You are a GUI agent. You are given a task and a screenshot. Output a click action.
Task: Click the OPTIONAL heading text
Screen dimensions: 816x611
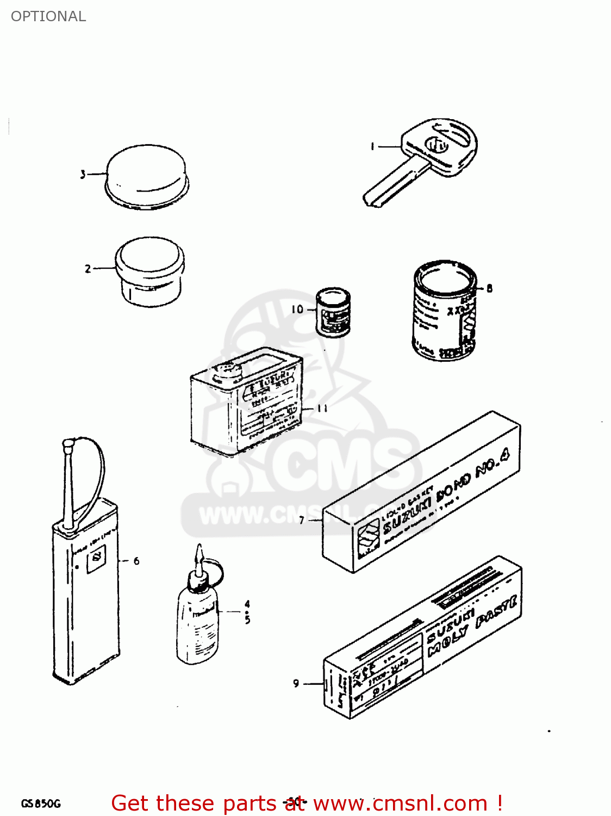(x=48, y=16)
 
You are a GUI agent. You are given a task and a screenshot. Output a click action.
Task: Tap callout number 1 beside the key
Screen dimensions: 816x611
(x=372, y=146)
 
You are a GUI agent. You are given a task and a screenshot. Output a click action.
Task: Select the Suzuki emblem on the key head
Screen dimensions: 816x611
(x=436, y=145)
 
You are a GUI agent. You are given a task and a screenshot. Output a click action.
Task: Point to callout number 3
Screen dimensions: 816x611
(x=83, y=175)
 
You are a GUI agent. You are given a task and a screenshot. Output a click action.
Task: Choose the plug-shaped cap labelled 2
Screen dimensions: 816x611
(x=149, y=270)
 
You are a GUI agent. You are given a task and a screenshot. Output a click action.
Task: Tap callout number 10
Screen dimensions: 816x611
(x=297, y=310)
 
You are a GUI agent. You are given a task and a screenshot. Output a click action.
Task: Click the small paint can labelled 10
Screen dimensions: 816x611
(x=333, y=313)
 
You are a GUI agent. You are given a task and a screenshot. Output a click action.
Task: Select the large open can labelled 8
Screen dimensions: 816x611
(x=444, y=310)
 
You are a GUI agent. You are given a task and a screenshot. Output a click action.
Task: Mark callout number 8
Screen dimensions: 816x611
(x=489, y=288)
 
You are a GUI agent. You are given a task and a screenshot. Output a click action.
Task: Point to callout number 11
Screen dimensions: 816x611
(x=322, y=408)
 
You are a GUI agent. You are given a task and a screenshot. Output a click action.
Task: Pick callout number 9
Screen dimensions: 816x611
(x=296, y=683)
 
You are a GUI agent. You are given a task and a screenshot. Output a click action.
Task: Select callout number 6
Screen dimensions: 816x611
(x=136, y=561)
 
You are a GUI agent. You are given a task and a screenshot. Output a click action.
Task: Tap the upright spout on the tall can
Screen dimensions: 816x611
(x=68, y=484)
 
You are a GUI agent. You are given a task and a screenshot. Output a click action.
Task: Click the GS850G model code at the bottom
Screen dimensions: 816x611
(x=41, y=803)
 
